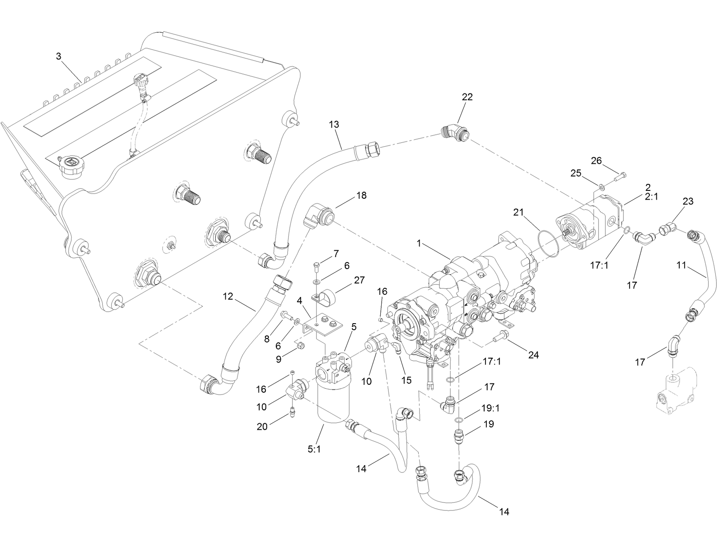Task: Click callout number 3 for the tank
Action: tap(58, 56)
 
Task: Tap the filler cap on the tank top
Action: tap(70, 166)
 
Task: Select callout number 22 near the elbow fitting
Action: tap(467, 97)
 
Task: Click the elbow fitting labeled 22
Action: tap(455, 133)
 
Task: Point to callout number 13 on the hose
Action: tap(334, 124)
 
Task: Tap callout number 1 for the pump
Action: tap(419, 244)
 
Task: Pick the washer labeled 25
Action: tap(602, 186)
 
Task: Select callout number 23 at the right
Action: tap(688, 202)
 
